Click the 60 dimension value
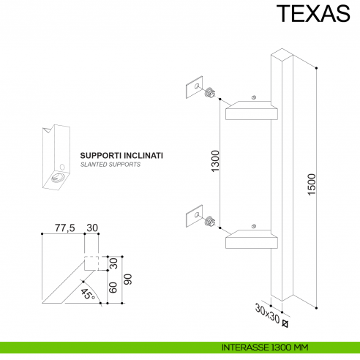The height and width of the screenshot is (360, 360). [x=113, y=287]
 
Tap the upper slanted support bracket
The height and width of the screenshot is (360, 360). [x=251, y=111]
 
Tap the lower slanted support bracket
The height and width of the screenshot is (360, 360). [x=251, y=239]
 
